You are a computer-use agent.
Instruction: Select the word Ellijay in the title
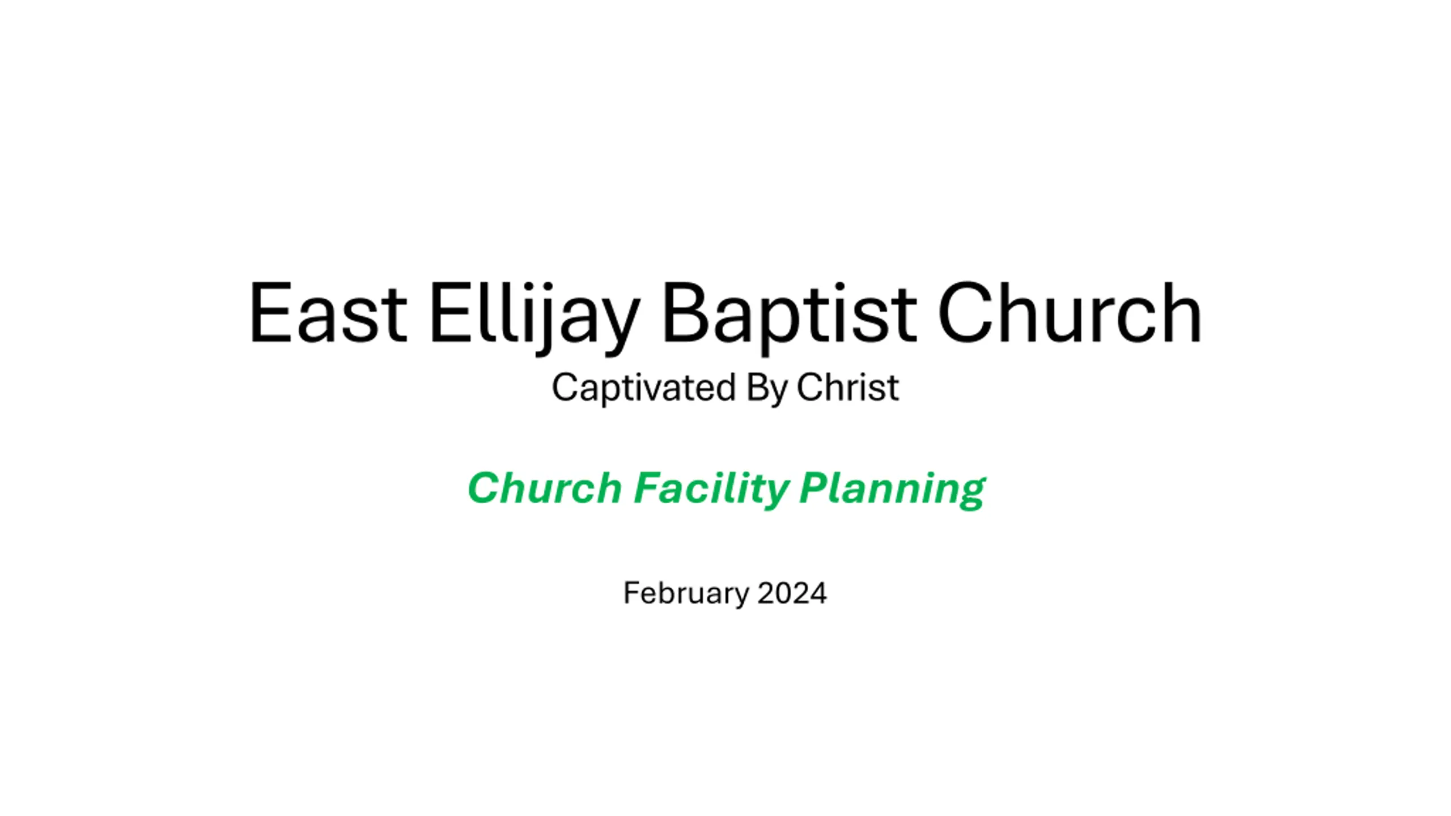pyautogui.click(x=535, y=318)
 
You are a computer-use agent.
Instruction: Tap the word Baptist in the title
pyautogui.click(x=789, y=318)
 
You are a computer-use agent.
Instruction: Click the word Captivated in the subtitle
pyautogui.click(x=643, y=388)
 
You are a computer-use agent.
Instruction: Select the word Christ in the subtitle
pyautogui.click(x=847, y=387)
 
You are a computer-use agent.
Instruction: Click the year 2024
pyautogui.click(x=792, y=593)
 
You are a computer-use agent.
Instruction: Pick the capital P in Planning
pyautogui.click(x=816, y=487)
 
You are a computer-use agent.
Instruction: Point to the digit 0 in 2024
pyautogui.click(x=783, y=593)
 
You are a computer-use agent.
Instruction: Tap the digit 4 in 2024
pyautogui.click(x=818, y=593)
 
